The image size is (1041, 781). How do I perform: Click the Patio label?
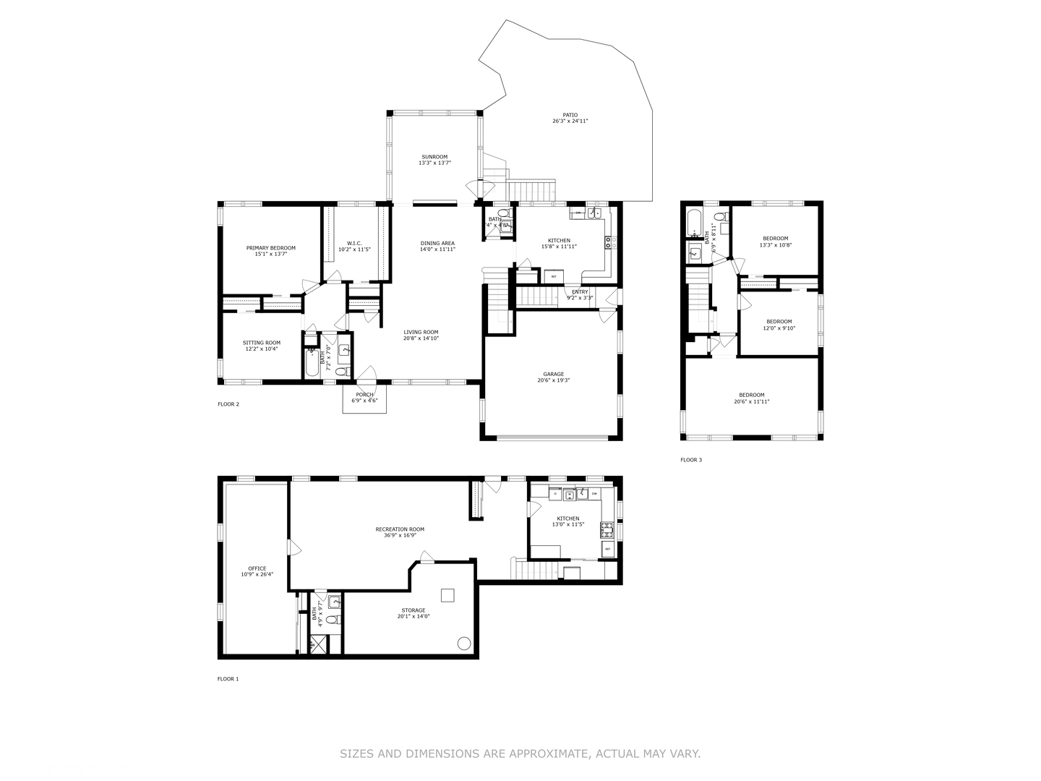570,115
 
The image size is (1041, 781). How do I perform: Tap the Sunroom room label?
434,157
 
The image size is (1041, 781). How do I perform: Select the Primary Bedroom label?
270,248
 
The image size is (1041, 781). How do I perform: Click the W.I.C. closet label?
354,244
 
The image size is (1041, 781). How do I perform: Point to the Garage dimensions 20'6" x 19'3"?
554,380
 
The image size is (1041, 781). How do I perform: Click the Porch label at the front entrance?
364,395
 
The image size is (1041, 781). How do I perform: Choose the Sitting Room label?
261,343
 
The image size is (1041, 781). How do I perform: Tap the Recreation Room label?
400,529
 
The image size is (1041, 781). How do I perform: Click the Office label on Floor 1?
257,569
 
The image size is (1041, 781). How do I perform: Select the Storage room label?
414,610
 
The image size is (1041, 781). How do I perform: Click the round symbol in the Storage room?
463,643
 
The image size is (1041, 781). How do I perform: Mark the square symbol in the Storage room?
448,595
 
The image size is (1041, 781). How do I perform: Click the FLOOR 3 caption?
690,460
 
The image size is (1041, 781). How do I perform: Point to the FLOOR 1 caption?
228,679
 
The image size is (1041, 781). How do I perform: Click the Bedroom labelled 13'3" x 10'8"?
775,239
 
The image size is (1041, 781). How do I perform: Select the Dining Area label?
437,244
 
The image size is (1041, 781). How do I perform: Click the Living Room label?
421,332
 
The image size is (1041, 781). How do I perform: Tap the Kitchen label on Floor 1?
567,518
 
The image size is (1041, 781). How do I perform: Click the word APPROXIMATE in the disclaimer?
549,754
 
